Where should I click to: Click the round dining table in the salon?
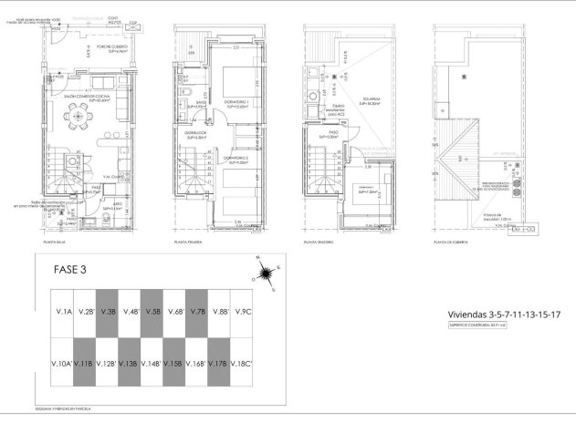pos(80,117)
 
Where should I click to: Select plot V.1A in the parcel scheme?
pos(63,312)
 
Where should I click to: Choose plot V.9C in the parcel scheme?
pos(242,312)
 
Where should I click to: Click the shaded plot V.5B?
pos(152,312)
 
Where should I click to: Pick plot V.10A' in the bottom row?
pos(63,364)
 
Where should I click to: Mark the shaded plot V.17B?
pos(220,364)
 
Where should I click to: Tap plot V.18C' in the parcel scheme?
pos(243,364)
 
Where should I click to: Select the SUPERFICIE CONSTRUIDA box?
pos(477,324)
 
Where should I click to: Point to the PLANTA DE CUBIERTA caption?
pos(452,242)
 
